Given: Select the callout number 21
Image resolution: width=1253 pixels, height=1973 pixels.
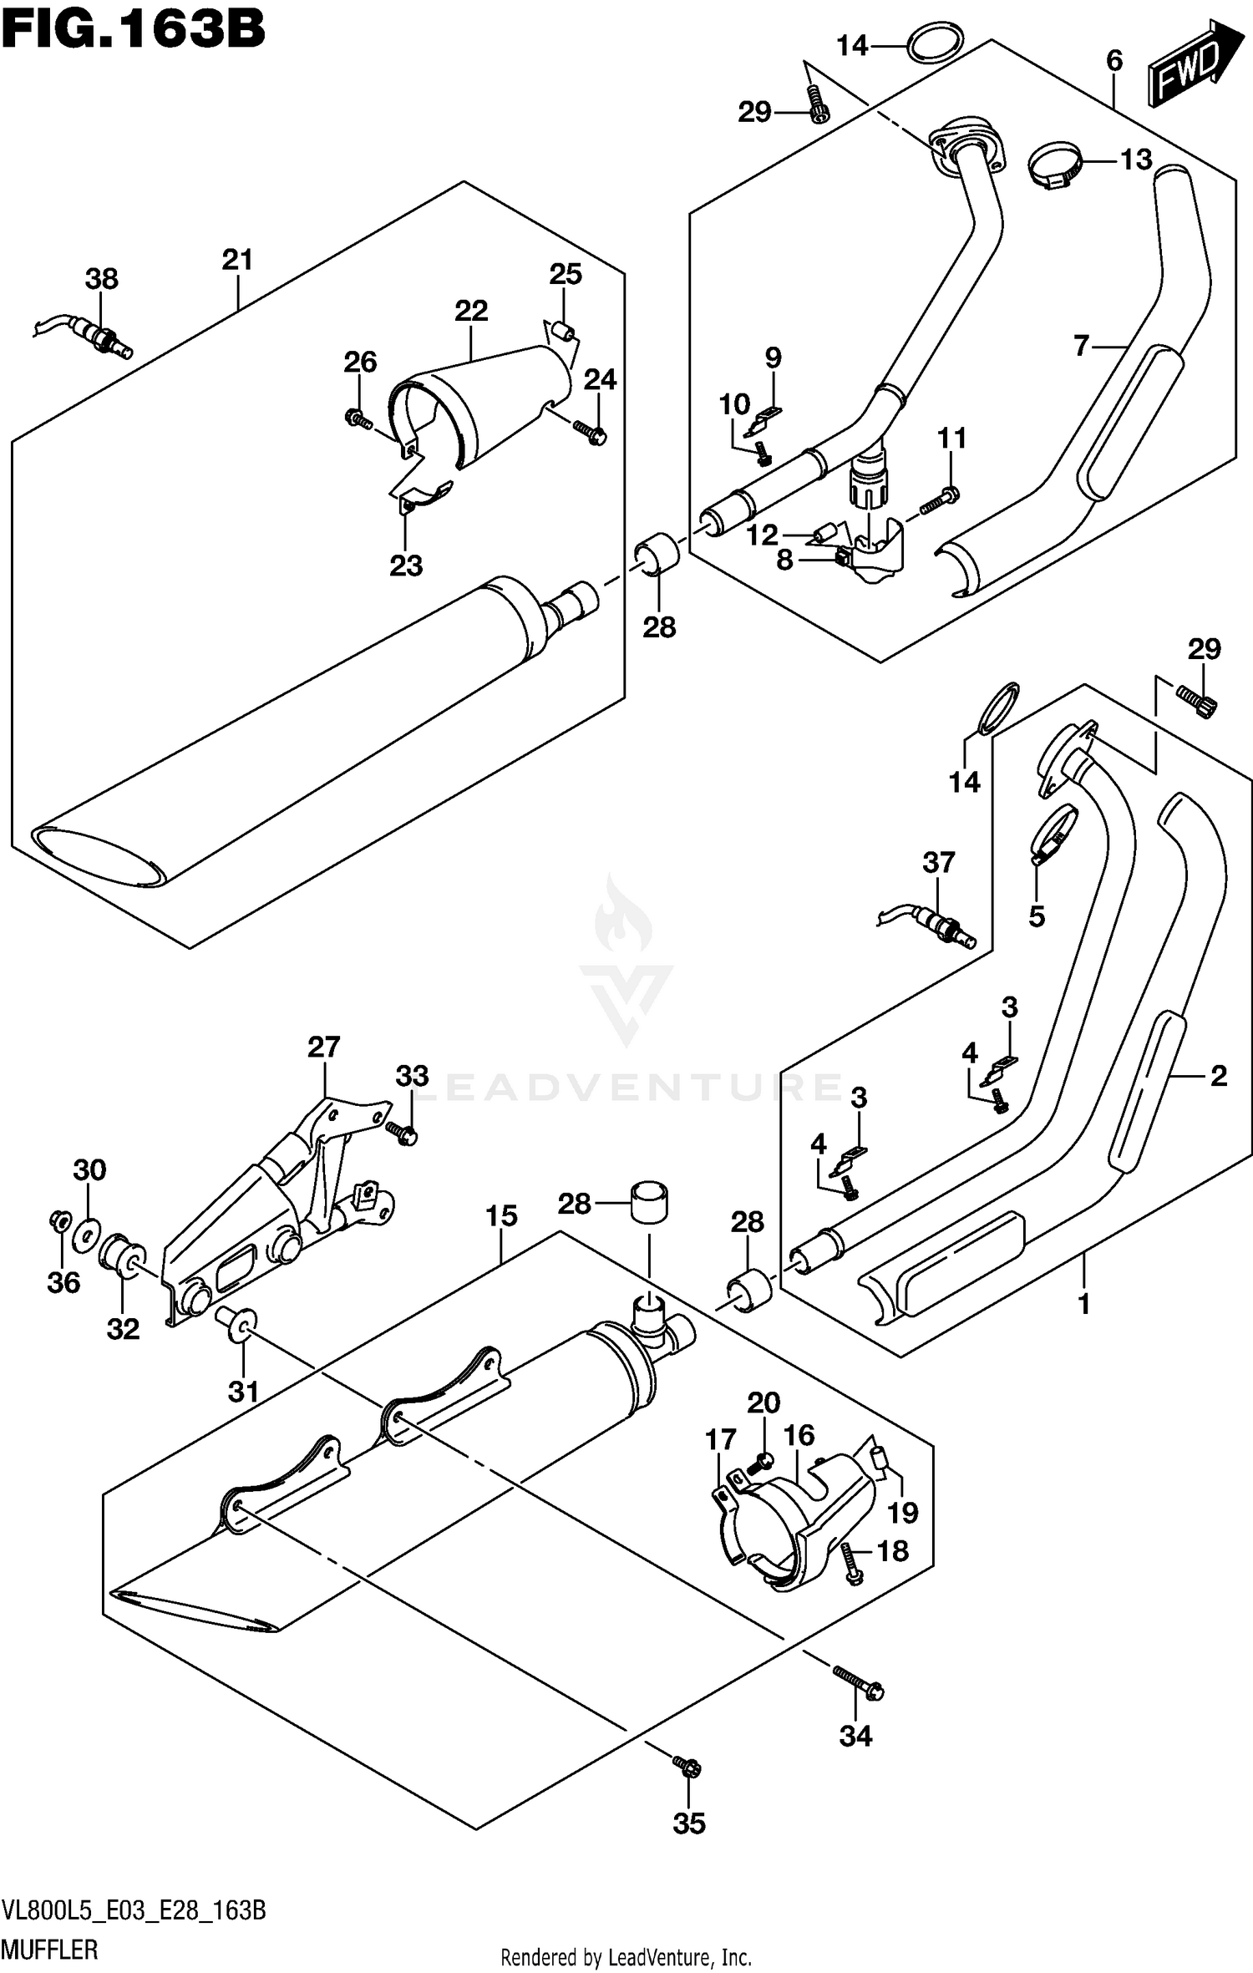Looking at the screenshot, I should [237, 261].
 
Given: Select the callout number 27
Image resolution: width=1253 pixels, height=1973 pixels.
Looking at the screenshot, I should [324, 1047].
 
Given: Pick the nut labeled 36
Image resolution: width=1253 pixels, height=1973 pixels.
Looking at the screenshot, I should [60, 1222].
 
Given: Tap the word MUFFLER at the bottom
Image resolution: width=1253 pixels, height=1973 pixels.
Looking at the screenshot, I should [50, 1950].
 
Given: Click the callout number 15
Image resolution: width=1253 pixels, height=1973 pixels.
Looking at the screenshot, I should [501, 1215].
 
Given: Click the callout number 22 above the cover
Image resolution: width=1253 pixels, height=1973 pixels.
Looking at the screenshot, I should [471, 312].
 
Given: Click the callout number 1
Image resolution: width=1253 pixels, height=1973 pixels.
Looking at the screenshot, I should [1083, 1303].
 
